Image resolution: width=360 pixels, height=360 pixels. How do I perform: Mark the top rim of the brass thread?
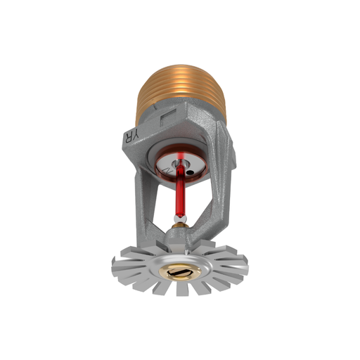coord(180,65)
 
